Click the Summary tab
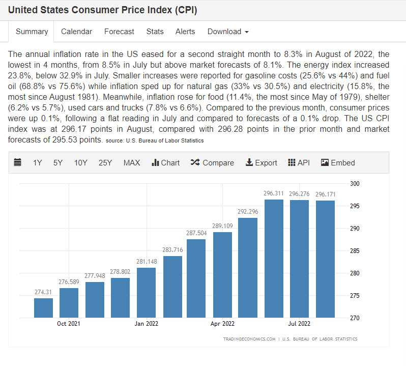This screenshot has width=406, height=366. click(x=32, y=32)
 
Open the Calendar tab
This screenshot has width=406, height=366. click(x=76, y=32)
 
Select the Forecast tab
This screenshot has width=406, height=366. click(x=119, y=32)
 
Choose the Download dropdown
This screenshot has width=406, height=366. click(x=228, y=32)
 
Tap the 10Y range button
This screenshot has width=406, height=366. click(x=81, y=163)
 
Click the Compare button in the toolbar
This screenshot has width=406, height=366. click(x=212, y=163)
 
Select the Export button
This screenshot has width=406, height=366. click(x=261, y=163)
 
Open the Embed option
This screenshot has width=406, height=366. click(x=338, y=163)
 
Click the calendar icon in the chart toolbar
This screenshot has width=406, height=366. click(x=18, y=163)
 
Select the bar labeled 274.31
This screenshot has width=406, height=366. click(x=43, y=308)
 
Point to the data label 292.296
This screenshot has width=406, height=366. click(x=248, y=212)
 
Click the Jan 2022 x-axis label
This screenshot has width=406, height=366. click(x=146, y=323)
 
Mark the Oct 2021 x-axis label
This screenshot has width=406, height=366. click(x=69, y=323)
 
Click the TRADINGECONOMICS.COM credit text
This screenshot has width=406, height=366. click(x=249, y=339)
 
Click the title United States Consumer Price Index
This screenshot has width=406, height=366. click(x=102, y=10)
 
